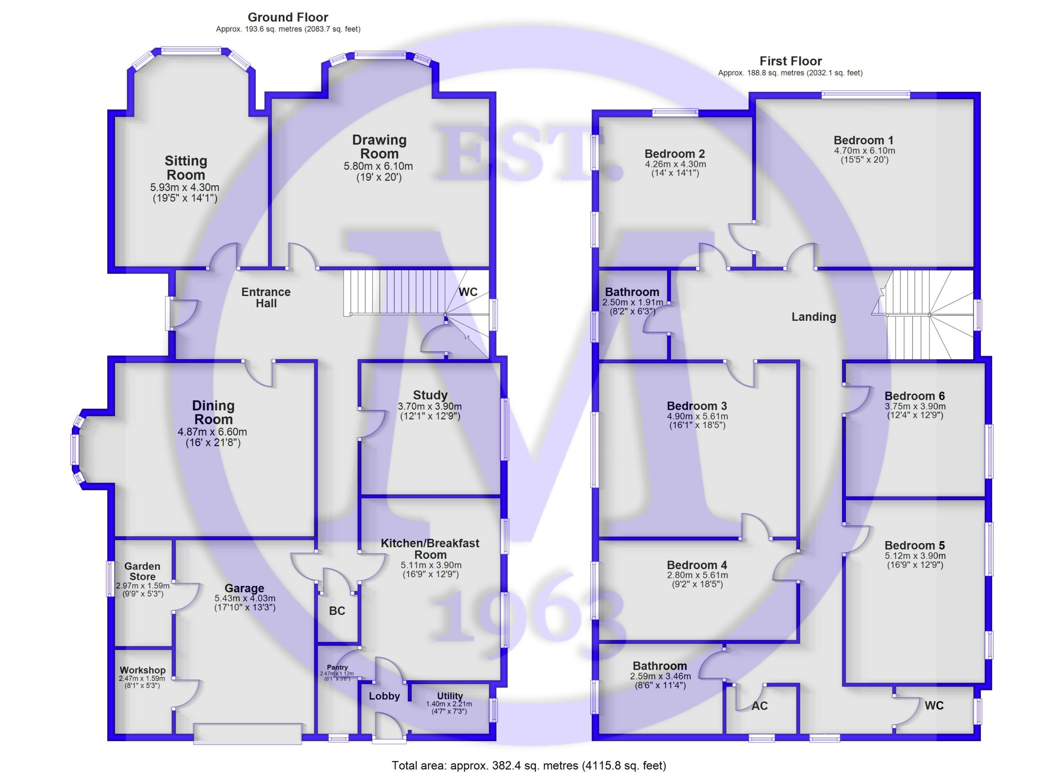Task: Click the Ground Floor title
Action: coord(288,17)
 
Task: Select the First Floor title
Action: coord(791,61)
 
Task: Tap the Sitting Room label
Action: coord(186,168)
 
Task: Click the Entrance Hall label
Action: coord(266,298)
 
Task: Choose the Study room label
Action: coord(430,395)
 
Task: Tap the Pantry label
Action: coord(338,667)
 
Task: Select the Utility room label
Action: coord(450,696)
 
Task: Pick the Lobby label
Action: coord(385,696)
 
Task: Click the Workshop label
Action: coord(142,670)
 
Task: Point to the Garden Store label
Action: coord(142,572)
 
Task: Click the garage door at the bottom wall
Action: coord(247,734)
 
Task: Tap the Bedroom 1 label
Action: coord(863,140)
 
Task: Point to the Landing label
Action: coord(814,317)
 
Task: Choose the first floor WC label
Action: coord(934,705)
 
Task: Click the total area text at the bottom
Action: coord(529,766)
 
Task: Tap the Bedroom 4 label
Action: coord(697,565)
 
